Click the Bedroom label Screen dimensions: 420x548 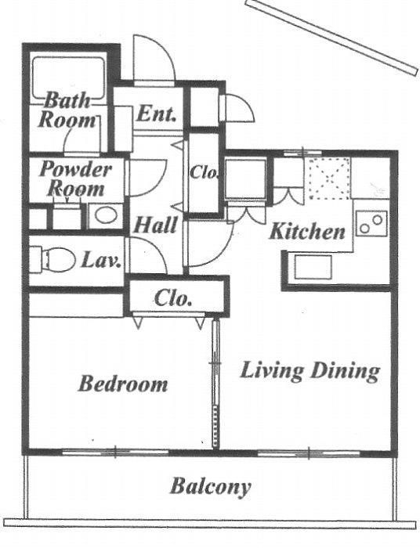[123, 384]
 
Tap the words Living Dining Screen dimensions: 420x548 [310, 371]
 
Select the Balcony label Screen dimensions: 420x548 [211, 487]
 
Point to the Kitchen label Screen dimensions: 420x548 [307, 231]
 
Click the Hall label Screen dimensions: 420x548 [156, 225]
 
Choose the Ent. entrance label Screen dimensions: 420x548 [156, 114]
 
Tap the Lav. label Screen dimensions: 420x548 [101, 260]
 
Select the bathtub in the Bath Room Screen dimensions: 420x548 [68, 78]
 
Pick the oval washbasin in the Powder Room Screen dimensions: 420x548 [106, 215]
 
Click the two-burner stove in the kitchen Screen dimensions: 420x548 [371, 224]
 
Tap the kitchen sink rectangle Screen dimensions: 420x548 [313, 268]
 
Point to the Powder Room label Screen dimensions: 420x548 [75, 179]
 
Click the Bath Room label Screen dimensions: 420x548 [67, 110]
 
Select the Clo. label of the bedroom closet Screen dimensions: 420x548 [172, 298]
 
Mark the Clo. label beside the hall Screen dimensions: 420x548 [205, 173]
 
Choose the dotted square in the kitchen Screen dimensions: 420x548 [329, 178]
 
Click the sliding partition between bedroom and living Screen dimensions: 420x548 [215, 383]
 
